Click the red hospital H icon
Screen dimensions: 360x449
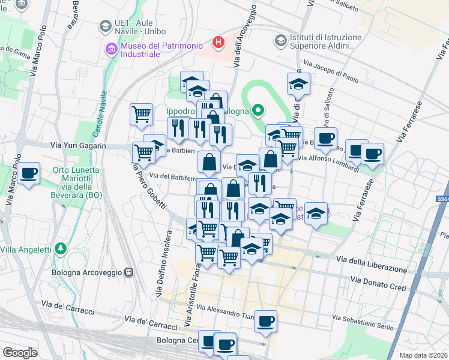218,43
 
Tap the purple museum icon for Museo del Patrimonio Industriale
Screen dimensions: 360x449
111,49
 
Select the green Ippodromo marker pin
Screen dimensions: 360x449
258,110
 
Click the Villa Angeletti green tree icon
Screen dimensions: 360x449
59,248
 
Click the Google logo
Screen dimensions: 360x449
20,352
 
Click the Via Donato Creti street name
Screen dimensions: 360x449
382,280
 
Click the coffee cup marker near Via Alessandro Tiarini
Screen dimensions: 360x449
265,321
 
